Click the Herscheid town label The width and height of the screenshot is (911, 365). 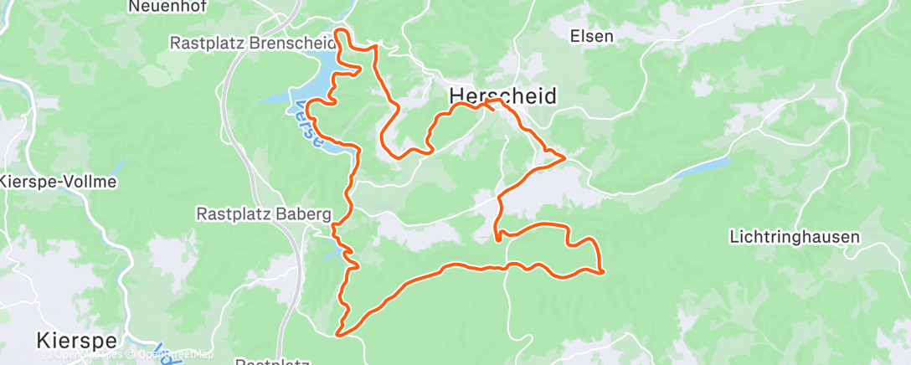(502, 95)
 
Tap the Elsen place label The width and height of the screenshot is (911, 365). (592, 36)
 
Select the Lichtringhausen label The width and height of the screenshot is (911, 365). (795, 237)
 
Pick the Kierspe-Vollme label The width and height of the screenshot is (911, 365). (58, 182)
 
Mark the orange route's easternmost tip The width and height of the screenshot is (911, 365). (603, 270)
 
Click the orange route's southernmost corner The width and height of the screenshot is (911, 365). (339, 334)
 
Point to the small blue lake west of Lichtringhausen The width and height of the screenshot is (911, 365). (703, 168)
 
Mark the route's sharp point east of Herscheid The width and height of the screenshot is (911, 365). (564, 157)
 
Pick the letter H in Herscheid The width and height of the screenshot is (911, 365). (458, 95)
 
